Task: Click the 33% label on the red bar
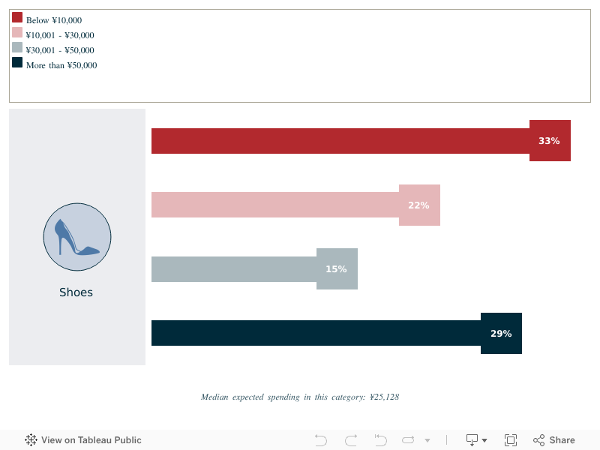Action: click(549, 141)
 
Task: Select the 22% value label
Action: click(418, 205)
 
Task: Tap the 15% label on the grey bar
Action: click(336, 269)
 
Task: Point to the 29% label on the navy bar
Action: click(501, 334)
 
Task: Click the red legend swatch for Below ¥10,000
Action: click(17, 17)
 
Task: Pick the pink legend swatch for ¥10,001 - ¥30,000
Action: click(17, 32)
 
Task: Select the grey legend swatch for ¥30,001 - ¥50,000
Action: click(17, 47)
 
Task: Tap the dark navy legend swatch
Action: click(17, 62)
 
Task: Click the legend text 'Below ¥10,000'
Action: click(54, 20)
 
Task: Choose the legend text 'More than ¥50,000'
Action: click(61, 65)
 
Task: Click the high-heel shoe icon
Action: click(76, 238)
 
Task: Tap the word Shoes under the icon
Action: click(76, 292)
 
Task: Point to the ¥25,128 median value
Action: click(385, 397)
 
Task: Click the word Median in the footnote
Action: click(214, 397)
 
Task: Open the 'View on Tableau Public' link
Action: click(83, 440)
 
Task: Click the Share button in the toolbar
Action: click(554, 440)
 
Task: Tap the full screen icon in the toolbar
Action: click(511, 440)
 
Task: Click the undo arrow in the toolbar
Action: click(321, 440)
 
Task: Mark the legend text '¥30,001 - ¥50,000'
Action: click(60, 50)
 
